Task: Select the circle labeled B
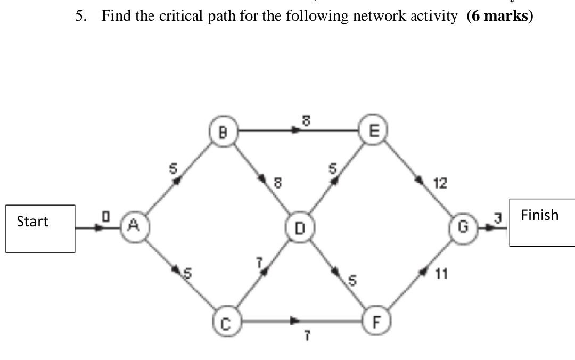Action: click(223, 131)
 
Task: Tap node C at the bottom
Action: click(226, 323)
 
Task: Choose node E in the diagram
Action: click(373, 130)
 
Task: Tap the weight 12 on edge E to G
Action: click(440, 184)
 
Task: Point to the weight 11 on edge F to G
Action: click(441, 274)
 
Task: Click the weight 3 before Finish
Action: click(498, 217)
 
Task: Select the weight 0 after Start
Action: click(105, 216)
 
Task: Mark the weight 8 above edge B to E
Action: click(306, 121)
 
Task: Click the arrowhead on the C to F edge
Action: click(294, 321)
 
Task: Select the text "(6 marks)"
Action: click(499, 16)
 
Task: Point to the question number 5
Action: click(80, 16)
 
